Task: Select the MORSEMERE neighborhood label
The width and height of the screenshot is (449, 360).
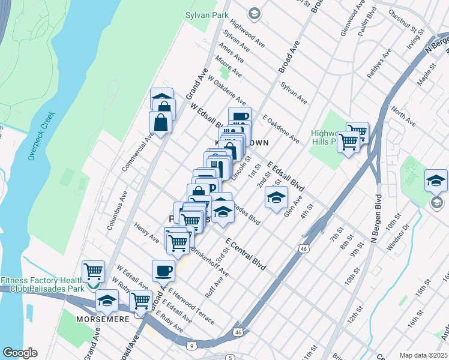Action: (x=103, y=319)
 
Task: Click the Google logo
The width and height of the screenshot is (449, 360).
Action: (x=20, y=353)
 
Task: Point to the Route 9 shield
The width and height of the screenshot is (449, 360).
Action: (x=191, y=346)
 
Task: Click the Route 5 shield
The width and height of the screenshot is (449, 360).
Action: (x=231, y=358)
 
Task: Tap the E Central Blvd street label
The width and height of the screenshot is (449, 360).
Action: (x=246, y=254)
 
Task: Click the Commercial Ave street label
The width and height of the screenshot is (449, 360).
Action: (x=138, y=152)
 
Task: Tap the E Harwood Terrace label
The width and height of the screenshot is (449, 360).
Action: (x=191, y=305)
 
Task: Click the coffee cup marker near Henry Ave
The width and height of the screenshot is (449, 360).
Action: (x=163, y=271)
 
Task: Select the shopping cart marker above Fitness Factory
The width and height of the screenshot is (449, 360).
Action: (x=93, y=272)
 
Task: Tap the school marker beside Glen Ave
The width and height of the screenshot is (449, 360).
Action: (x=276, y=197)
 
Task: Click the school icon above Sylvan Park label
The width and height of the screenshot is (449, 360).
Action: (x=254, y=13)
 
